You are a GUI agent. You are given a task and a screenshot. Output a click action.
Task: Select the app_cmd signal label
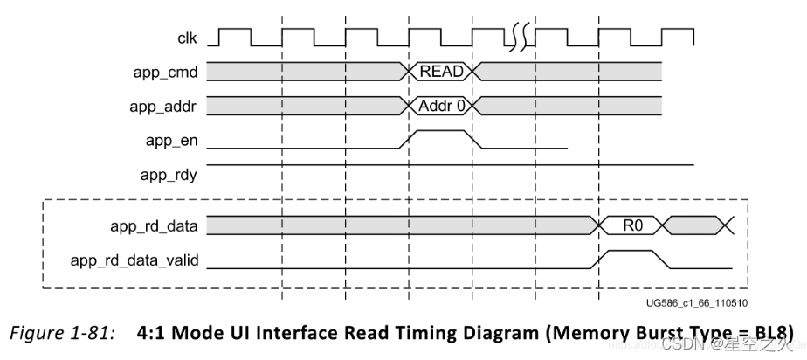coord(170,71)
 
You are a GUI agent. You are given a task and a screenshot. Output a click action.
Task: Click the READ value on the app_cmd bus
coord(440,71)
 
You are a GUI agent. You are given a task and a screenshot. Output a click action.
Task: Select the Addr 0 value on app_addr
coord(440,106)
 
